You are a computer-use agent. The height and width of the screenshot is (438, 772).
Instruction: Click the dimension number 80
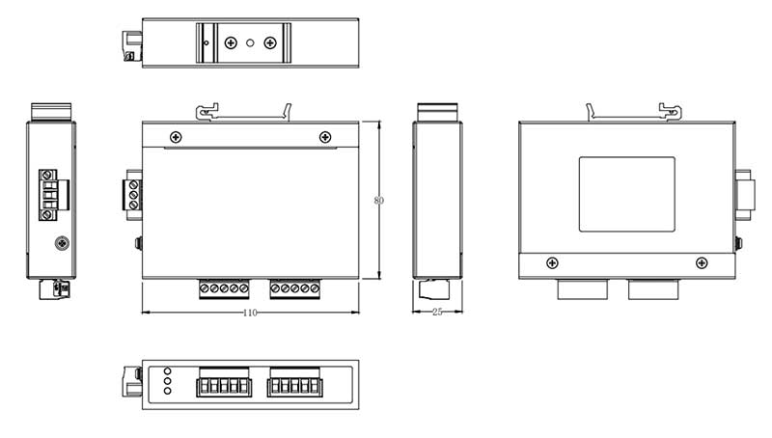coord(378,201)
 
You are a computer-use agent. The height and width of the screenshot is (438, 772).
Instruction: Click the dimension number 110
coord(250,313)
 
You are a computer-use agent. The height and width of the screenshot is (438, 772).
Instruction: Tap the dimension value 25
coord(437,313)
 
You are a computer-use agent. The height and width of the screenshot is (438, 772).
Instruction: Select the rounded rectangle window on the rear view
coord(626,194)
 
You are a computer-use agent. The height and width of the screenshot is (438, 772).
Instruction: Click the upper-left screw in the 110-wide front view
coord(176,137)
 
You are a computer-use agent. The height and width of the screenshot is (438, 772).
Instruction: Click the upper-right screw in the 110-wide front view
coord(324,137)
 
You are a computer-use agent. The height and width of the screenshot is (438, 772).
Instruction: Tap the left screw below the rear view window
coord(552,262)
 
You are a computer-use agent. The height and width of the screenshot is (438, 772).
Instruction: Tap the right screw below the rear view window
coord(702,262)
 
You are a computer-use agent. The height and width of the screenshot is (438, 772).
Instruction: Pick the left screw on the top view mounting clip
coord(231,42)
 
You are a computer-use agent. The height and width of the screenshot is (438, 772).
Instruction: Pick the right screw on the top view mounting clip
coord(270,42)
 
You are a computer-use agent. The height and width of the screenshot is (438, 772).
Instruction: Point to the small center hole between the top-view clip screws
coord(251,42)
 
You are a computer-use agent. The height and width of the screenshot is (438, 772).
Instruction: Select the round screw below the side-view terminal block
coord(62,243)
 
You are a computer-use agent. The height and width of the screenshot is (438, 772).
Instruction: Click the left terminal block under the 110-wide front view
coord(224,288)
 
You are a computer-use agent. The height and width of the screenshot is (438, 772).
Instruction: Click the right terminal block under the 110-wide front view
coord(294,288)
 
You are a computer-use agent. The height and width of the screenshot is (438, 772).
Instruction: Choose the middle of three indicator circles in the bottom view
coord(168,381)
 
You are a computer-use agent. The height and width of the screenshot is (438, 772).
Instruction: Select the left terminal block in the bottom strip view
coord(224,383)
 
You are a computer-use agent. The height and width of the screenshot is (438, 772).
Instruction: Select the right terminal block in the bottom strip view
coord(294,383)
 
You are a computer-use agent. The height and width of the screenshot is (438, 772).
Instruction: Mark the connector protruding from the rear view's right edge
coord(743,195)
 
